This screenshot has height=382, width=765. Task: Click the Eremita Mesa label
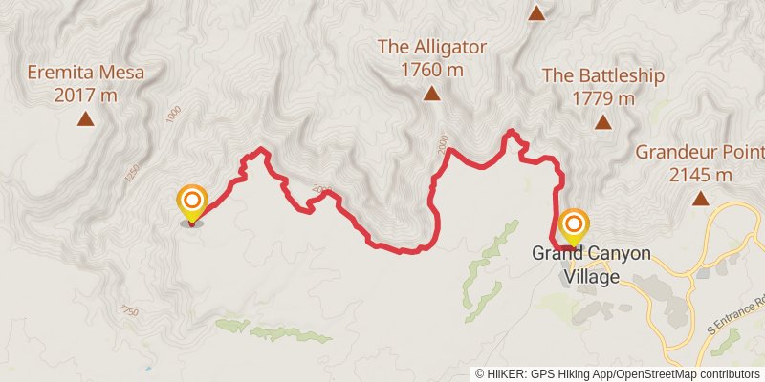pyautogui.click(x=84, y=73)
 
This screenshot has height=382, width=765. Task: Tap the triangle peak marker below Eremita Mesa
pyautogui.click(x=85, y=119)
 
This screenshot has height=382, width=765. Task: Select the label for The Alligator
pyautogui.click(x=432, y=47)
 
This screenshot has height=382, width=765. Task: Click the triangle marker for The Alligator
pyautogui.click(x=431, y=94)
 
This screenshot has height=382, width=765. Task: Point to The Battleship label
pyautogui.click(x=602, y=75)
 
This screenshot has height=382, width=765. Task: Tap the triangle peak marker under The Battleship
pyautogui.click(x=602, y=122)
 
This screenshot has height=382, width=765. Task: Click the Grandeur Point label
pyautogui.click(x=700, y=152)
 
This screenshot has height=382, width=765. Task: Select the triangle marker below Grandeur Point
pyautogui.click(x=701, y=199)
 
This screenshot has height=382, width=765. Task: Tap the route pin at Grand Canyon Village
pyautogui.click(x=574, y=226)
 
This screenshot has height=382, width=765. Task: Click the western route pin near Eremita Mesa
pyautogui.click(x=191, y=202)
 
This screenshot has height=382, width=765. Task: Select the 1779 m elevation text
pyautogui.click(x=602, y=97)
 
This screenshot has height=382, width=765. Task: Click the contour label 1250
pyautogui.click(x=132, y=174)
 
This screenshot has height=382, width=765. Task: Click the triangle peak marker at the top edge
pyautogui.click(x=536, y=13)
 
